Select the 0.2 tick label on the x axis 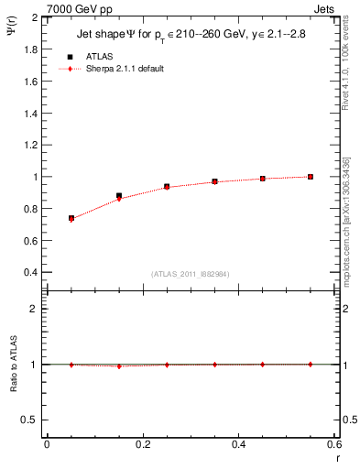coord(143,444)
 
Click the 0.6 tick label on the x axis coord(334,444)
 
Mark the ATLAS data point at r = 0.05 coord(71,218)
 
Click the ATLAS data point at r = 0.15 coord(119,195)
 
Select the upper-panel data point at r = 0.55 coord(311,177)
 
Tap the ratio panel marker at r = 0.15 coord(119,365)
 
